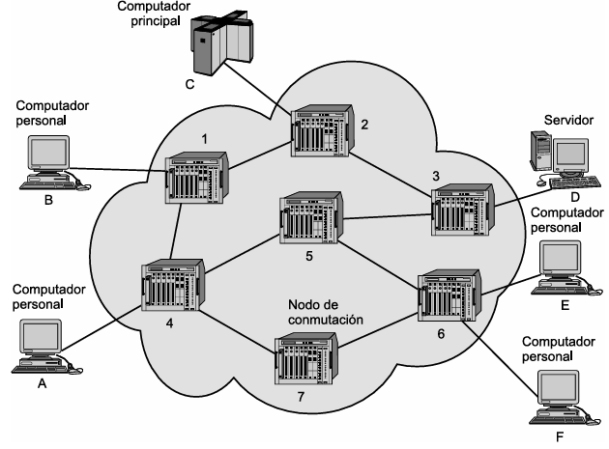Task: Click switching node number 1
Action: pyautogui.click(x=196, y=178)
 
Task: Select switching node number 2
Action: pyautogui.click(x=322, y=130)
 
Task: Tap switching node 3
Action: pyautogui.click(x=463, y=210)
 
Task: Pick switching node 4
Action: pyautogui.click(x=173, y=285)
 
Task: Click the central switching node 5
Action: pyautogui.click(x=311, y=217)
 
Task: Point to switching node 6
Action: pyautogui.click(x=449, y=295)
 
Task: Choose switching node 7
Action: pyautogui.click(x=306, y=358)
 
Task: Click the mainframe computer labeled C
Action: pyautogui.click(x=221, y=42)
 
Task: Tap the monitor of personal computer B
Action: pyautogui.click(x=48, y=154)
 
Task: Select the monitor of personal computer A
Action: pyautogui.click(x=41, y=337)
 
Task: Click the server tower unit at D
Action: pyautogui.click(x=540, y=151)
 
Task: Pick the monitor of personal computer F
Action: pyautogui.click(x=558, y=388)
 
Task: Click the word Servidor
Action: pyautogui.click(x=568, y=120)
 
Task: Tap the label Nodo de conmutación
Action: pyautogui.click(x=326, y=312)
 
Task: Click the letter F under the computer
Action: pyautogui.click(x=560, y=437)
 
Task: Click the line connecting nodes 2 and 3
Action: pyautogui.click(x=391, y=174)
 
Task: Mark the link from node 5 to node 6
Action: pyautogui.click(x=379, y=266)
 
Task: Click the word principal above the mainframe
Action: pyautogui.click(x=156, y=21)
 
